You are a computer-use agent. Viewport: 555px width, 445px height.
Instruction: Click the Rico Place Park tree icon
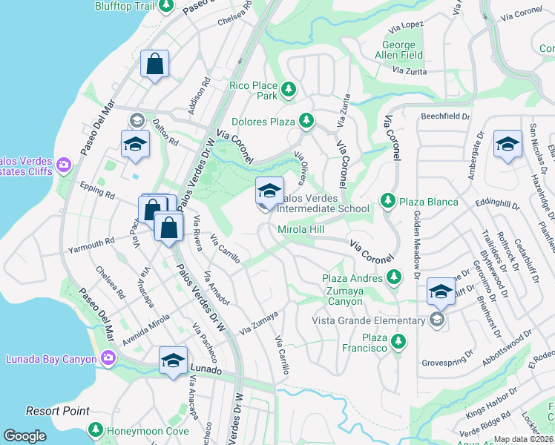point(289,91)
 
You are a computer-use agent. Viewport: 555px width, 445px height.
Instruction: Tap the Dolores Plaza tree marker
point(306,120)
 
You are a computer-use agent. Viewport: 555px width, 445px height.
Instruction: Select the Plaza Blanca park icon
point(387,200)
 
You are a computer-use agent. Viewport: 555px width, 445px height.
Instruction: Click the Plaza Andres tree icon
point(393,277)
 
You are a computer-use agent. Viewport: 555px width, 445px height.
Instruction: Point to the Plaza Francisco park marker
point(399,341)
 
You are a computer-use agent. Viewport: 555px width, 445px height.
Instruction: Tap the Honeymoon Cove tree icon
point(95,429)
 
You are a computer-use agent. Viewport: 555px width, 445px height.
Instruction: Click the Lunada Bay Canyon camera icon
point(108,359)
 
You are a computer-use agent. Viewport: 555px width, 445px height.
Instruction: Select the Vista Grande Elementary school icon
point(437,320)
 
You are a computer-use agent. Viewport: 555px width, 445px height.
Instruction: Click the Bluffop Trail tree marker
point(167,6)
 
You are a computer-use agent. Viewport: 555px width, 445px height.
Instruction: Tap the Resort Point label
point(58,411)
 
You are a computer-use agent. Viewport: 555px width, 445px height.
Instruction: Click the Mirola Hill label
point(301,230)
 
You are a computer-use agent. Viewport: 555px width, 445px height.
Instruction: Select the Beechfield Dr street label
point(446,116)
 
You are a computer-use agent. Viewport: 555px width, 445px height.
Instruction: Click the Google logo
point(24,436)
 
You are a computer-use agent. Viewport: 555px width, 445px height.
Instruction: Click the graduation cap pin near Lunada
point(173,362)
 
